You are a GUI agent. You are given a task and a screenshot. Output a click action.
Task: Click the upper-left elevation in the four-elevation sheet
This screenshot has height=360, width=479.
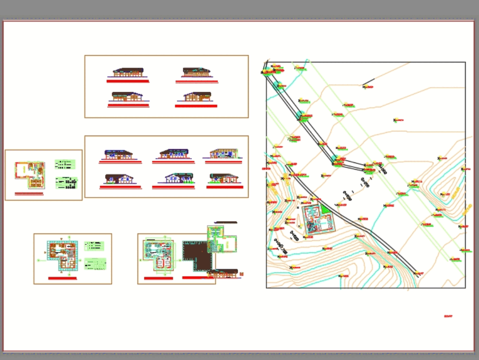coord(128,73)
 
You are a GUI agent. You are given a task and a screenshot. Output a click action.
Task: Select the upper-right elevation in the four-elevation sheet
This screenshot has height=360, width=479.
coord(196,73)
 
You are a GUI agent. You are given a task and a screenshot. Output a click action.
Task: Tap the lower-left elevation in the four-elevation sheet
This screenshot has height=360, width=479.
coord(127,97)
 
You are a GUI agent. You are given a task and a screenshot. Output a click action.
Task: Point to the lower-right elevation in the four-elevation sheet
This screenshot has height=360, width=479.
coord(197,97)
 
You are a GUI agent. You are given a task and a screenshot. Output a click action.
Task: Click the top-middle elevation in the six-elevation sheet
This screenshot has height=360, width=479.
coord(173,154)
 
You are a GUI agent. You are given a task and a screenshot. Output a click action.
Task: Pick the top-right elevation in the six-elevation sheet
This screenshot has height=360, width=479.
coord(223,153)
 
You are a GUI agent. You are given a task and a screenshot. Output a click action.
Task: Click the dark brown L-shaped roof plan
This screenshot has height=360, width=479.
coord(196,256)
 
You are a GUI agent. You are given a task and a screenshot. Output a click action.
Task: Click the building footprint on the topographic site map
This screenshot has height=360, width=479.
coord(317,220)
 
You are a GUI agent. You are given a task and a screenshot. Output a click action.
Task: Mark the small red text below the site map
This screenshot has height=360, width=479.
coord(448,316)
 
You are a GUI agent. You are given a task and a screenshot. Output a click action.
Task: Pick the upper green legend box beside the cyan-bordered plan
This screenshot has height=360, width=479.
coord(94,246)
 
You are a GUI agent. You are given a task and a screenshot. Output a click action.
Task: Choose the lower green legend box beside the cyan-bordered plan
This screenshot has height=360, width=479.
coord(95,264)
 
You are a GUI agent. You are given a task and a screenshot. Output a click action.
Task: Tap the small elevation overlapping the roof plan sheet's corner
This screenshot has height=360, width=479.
coord(223,274)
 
